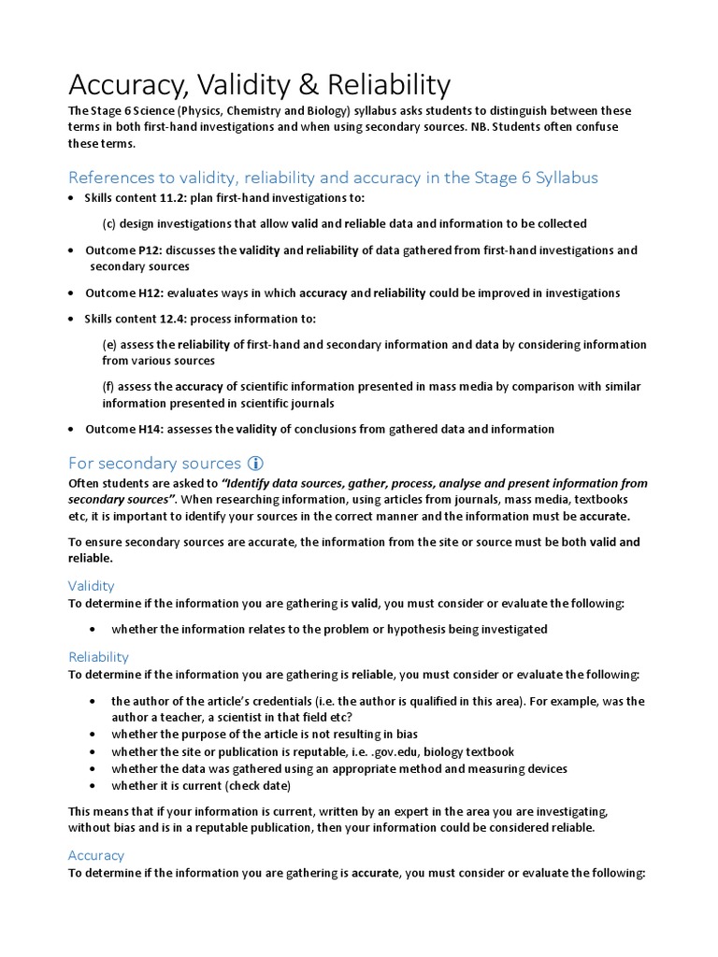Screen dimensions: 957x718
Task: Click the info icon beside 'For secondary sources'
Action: tap(255, 463)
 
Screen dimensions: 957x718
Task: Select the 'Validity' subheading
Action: tap(91, 586)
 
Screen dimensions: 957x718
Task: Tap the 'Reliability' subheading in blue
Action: tap(98, 657)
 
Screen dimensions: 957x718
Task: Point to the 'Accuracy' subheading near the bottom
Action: tap(95, 855)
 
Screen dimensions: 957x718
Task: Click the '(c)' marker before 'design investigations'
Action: tap(108, 224)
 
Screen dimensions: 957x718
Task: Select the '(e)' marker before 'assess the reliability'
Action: tap(108, 345)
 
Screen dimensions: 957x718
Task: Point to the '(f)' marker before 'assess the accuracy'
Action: tap(108, 387)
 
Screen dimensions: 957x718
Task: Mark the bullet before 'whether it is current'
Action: tap(91, 786)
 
